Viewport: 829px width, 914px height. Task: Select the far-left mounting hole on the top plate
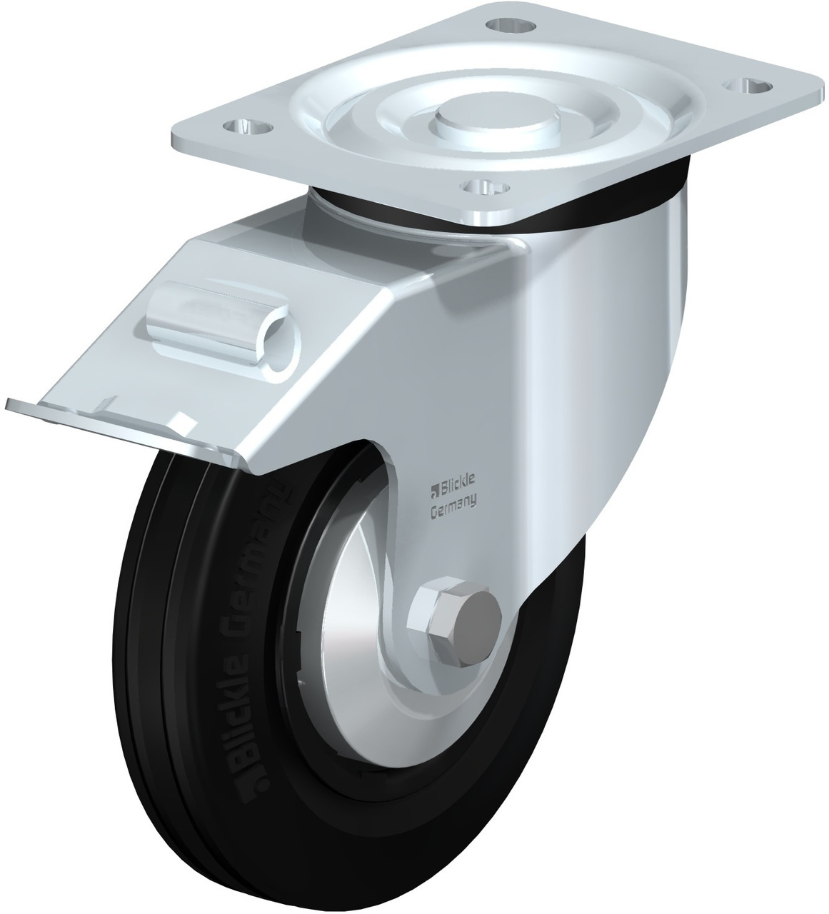248,128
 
